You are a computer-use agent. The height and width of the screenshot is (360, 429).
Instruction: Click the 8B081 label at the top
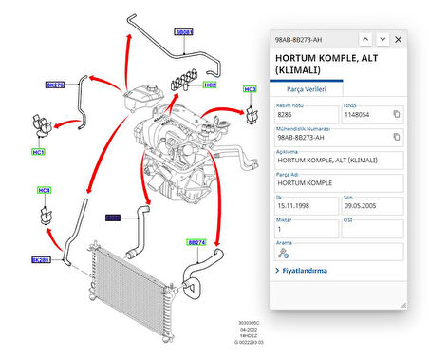[x=184, y=32]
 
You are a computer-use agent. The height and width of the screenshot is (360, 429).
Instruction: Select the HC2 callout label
[x=210, y=85]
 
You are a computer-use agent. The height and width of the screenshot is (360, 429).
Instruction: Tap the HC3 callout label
[x=250, y=89]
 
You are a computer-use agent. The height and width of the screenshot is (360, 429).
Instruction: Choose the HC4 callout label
[x=44, y=191]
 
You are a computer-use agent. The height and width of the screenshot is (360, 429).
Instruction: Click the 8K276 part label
[x=55, y=85]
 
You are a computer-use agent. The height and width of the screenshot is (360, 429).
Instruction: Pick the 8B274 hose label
[x=196, y=242]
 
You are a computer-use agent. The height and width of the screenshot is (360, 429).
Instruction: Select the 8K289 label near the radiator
[x=41, y=258]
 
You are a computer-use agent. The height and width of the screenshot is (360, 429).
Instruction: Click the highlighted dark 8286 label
[x=113, y=218]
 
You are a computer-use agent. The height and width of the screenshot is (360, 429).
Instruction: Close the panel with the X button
[x=399, y=39]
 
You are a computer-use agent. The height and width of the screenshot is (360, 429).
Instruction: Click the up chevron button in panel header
[x=364, y=39]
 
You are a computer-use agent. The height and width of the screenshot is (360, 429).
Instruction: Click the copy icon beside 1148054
[x=397, y=114]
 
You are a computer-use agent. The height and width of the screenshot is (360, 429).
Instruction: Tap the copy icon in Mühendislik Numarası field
[x=397, y=139]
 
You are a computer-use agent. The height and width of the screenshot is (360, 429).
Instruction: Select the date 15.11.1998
[x=294, y=204]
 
